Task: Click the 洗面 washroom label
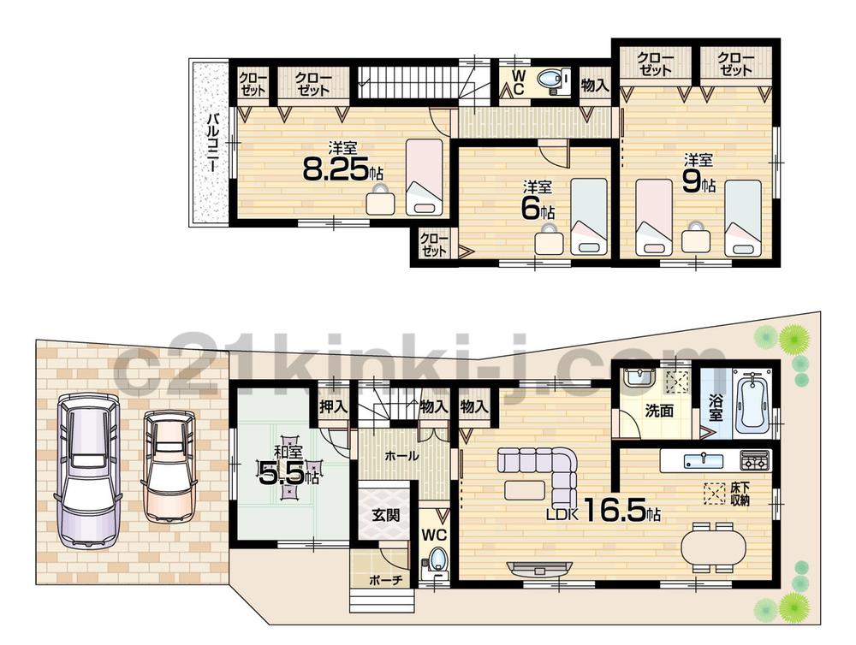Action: [x=659, y=411]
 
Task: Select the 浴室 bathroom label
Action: [x=716, y=405]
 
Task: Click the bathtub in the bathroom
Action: [x=753, y=399]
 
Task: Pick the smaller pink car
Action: [x=169, y=464]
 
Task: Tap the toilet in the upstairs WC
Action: [x=553, y=81]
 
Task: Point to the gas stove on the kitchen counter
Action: [x=753, y=460]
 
